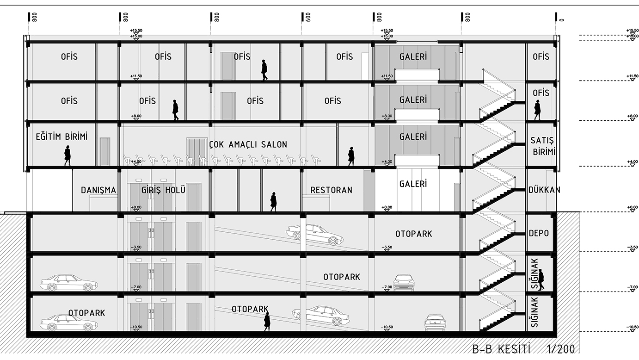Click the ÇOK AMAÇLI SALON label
(248, 144)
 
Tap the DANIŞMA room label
(98, 190)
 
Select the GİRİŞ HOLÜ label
(164, 190)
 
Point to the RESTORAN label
(331, 190)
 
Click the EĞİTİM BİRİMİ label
(61, 137)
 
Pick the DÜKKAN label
(544, 190)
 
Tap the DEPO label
(539, 233)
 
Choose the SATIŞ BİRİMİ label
(542, 146)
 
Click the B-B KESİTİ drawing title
(501, 349)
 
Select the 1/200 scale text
(561, 349)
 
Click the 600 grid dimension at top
(308, 18)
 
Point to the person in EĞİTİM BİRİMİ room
(68, 155)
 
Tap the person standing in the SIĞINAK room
(541, 280)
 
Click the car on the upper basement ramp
(315, 234)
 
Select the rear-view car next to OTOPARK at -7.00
(404, 283)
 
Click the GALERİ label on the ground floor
(413, 184)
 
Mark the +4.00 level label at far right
(632, 162)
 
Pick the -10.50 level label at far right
(632, 327)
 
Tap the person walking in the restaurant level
(273, 202)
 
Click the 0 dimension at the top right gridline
(562, 20)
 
